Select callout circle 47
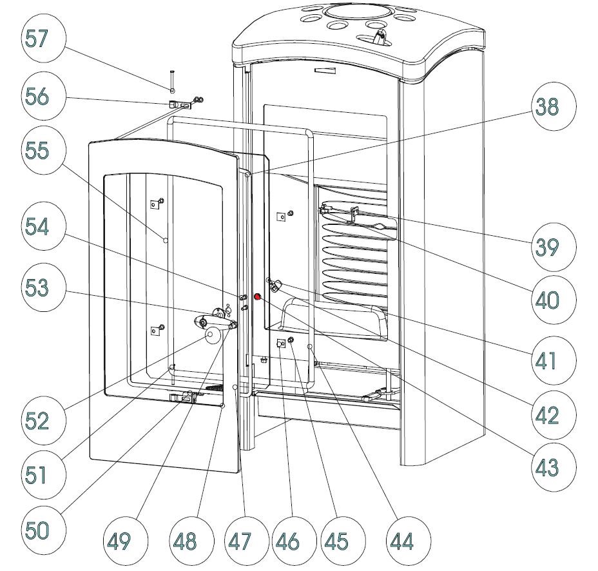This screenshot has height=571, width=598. pyautogui.click(x=239, y=540)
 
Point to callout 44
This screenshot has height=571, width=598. pyautogui.click(x=401, y=540)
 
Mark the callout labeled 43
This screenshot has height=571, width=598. pyautogui.click(x=547, y=467)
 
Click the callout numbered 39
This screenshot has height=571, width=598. pyautogui.click(x=547, y=246)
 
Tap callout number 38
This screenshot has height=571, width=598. pyautogui.click(x=547, y=107)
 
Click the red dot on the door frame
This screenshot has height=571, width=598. pyautogui.click(x=257, y=297)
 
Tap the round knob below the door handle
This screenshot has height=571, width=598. pyautogui.click(x=211, y=335)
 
